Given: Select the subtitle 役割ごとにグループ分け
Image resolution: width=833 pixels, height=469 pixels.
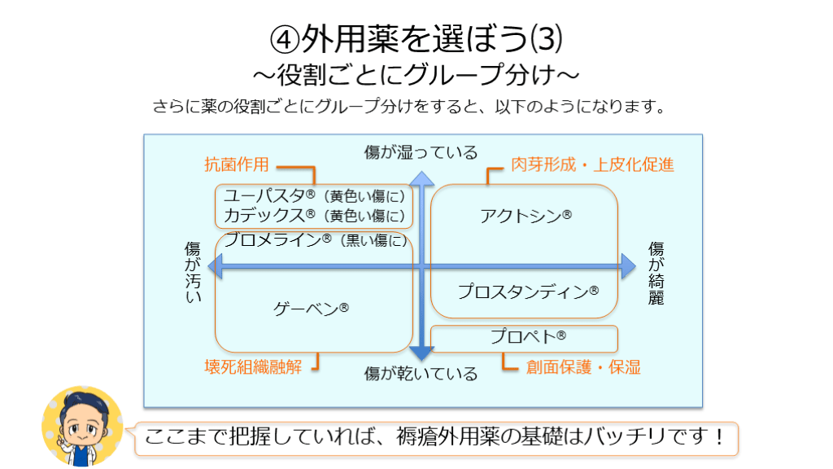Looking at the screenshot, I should tap(416, 75).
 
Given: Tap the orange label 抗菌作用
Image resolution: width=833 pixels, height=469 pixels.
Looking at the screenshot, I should tap(236, 164).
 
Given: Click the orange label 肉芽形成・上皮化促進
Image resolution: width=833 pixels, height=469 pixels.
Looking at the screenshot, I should tap(592, 164).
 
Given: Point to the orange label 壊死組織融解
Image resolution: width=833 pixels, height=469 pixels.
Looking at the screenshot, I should tap(252, 366).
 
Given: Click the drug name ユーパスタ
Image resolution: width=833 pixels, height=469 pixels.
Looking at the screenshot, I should tap(264, 195).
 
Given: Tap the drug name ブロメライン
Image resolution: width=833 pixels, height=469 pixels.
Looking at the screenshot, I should tap(273, 239).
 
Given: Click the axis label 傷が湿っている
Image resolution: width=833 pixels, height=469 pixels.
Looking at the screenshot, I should tap(421, 152).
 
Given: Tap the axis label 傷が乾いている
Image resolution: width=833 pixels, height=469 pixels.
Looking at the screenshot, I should tap(421, 374).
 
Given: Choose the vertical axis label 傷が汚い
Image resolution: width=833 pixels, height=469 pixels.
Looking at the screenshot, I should tap(192, 273).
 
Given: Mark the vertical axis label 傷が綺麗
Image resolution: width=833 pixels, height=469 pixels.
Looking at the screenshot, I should tap(656, 273).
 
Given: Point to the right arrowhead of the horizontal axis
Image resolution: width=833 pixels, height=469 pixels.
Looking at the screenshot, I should tap(627, 265).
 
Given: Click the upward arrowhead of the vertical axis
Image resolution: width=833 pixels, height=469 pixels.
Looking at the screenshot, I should tap(421, 178).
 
